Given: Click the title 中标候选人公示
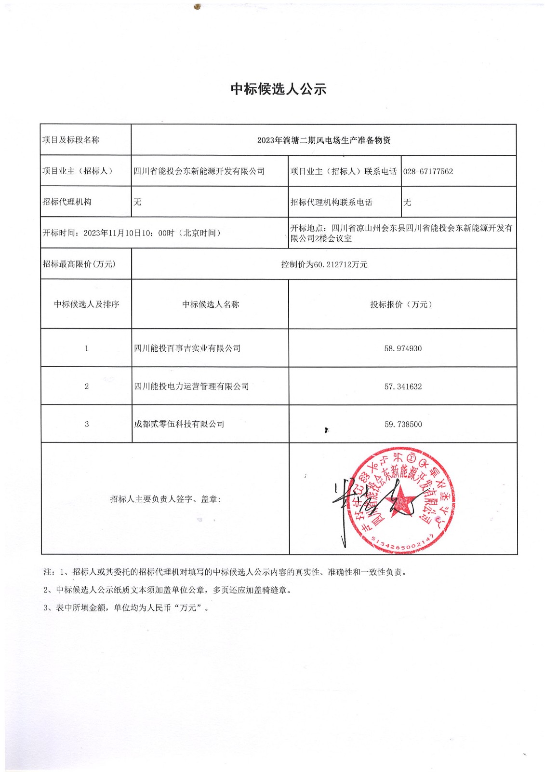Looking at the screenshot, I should pyautogui.click(x=279, y=89).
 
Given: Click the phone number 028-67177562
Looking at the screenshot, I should pyautogui.click(x=428, y=171).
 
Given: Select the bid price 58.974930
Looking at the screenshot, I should pyautogui.click(x=403, y=348).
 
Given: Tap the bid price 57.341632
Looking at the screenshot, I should pyautogui.click(x=403, y=386).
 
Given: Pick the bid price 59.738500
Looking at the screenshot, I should pyautogui.click(x=403, y=425).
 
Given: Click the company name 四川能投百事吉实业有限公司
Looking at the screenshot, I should pyautogui.click(x=187, y=348).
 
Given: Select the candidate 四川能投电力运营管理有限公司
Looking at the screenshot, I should pyautogui.click(x=191, y=386).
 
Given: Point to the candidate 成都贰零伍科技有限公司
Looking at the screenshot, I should pyautogui.click(x=179, y=424).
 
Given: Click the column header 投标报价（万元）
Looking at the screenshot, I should pyautogui.click(x=401, y=304).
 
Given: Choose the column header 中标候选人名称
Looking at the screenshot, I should pyautogui.click(x=211, y=304).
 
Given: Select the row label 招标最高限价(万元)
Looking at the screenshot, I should pyautogui.click(x=79, y=264).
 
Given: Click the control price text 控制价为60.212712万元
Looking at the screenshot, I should pyautogui.click(x=324, y=264).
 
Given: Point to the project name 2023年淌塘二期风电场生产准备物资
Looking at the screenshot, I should pyautogui.click(x=324, y=140).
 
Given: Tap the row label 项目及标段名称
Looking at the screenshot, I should pyautogui.click(x=71, y=140).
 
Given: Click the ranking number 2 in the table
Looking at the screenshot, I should pyautogui.click(x=87, y=386).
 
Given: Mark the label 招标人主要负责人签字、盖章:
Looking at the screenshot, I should pyautogui.click(x=165, y=499).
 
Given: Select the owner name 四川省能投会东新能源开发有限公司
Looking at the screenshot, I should pyautogui.click(x=199, y=171).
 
